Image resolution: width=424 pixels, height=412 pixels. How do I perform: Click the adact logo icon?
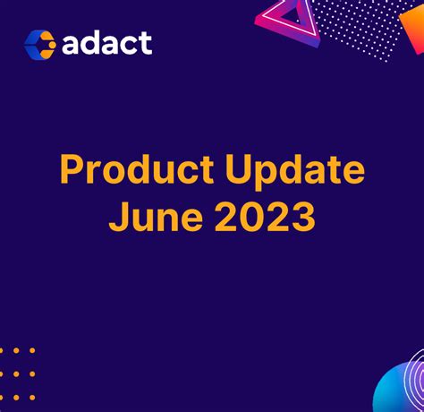click(x=39, y=42)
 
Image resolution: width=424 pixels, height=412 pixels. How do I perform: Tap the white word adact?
click(x=107, y=42)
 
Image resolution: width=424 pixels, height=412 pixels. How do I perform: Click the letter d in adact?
click(x=93, y=41)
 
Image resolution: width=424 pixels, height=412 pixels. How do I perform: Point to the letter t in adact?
click(x=145, y=42)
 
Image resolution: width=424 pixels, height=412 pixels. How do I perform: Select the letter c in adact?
click(x=130, y=45)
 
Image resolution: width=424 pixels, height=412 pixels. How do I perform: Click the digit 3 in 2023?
click(x=301, y=218)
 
